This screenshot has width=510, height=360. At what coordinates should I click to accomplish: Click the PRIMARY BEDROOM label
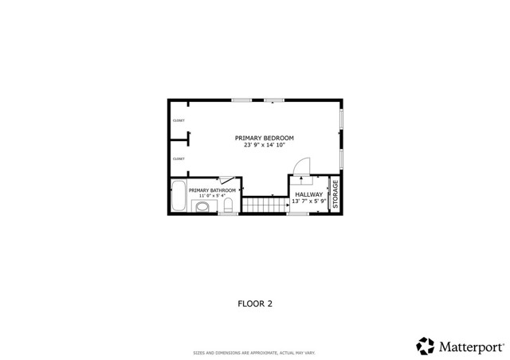coord(264,138)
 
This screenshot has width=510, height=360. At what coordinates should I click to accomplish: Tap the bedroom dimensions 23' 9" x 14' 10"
coord(264,145)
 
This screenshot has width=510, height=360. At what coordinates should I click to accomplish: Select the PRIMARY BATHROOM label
coord(212,190)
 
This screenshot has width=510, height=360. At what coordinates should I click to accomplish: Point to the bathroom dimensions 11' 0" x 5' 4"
coord(212,196)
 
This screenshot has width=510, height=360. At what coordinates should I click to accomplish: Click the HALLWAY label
coord(308,194)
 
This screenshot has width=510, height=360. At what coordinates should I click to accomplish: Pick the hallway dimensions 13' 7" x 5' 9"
coord(308,202)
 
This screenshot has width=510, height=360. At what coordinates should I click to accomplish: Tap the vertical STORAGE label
coord(335,195)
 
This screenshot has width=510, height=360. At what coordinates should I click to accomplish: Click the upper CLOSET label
coord(178,121)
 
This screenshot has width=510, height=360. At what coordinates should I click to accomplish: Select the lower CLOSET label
coord(178,158)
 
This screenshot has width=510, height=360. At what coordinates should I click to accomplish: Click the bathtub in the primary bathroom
coord(178,197)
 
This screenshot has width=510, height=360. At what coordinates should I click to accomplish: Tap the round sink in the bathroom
coord(203,207)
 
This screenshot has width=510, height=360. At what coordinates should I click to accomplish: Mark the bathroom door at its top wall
coord(226,181)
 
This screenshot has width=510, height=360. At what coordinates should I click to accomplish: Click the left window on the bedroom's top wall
coord(241,100)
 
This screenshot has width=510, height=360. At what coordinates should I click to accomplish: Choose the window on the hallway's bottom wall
coord(297,213)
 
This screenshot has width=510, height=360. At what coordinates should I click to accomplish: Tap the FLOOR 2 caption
coord(255,303)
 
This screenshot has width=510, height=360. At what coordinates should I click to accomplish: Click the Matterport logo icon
coord(425,346)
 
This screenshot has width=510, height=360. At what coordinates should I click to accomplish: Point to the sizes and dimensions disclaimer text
coord(255,353)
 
